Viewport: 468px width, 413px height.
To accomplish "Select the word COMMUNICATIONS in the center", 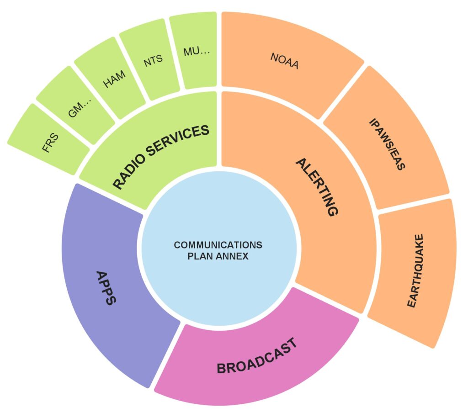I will pyautogui.click(x=218, y=245).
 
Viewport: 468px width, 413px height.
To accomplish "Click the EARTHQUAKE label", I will pyautogui.click(x=416, y=270).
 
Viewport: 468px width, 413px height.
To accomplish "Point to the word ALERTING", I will pyautogui.click(x=317, y=187).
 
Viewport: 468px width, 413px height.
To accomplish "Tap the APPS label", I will pyautogui.click(x=106, y=288).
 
